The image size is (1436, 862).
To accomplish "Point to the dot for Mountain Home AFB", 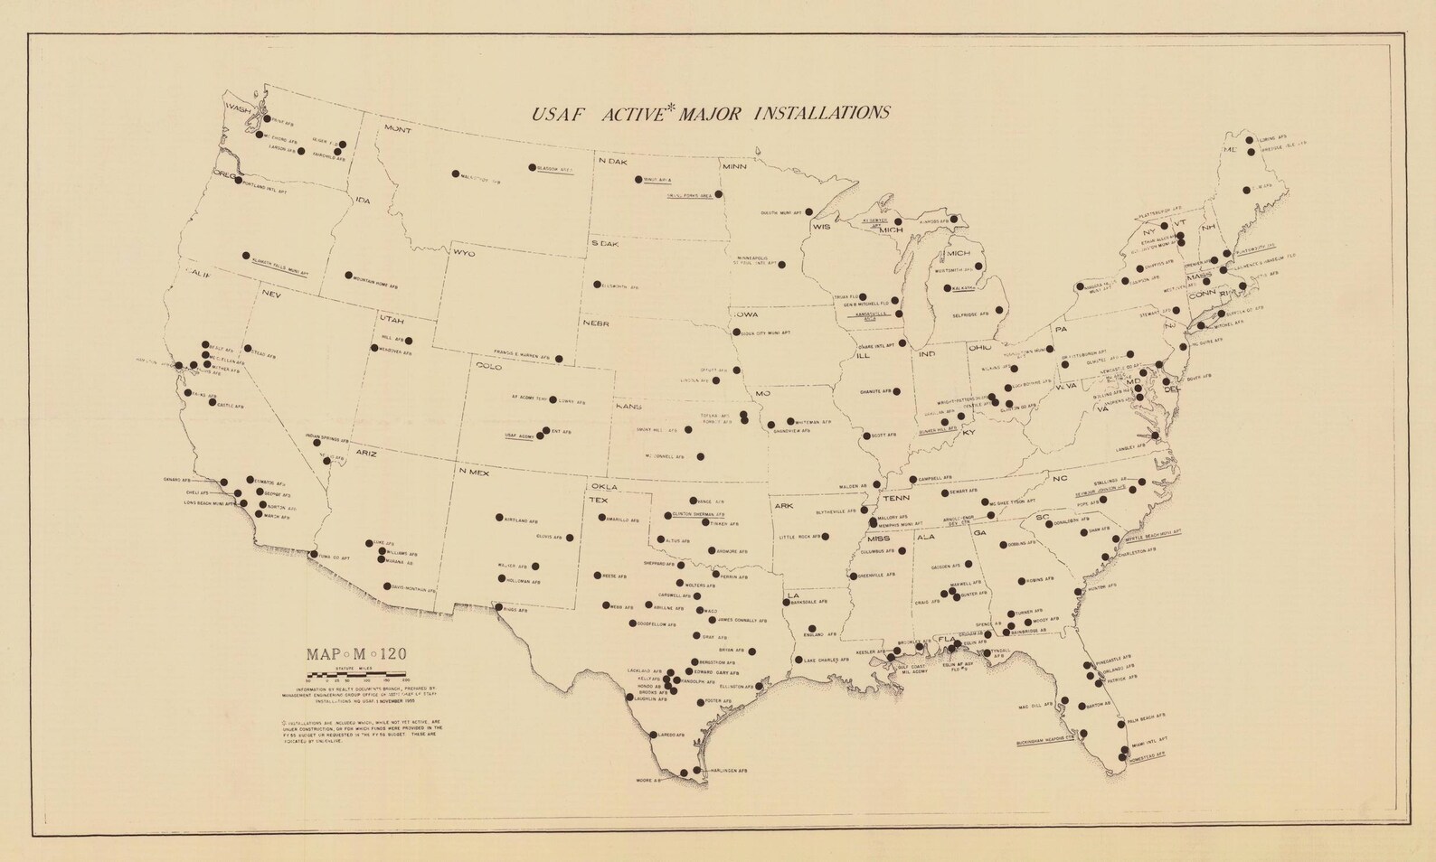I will point(348,274).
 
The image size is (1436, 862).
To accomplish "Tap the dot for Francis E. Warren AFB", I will point(559,359).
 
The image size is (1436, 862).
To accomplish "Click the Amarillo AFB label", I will point(623,521).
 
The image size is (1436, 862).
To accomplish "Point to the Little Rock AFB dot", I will point(827,536).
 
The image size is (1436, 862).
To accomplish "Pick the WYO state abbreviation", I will point(464,253).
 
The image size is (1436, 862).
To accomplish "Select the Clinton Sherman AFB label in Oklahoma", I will point(701,514).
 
